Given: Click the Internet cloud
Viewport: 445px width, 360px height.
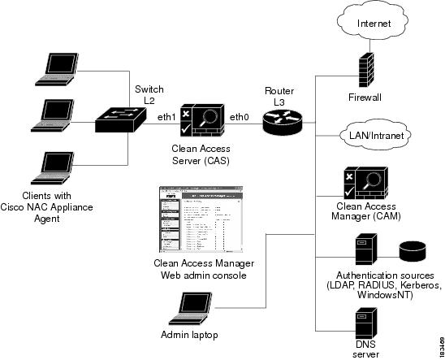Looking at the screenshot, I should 374,24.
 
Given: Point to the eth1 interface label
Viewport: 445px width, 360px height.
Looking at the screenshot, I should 168,118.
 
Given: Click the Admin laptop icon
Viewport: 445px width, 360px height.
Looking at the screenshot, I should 192,310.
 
